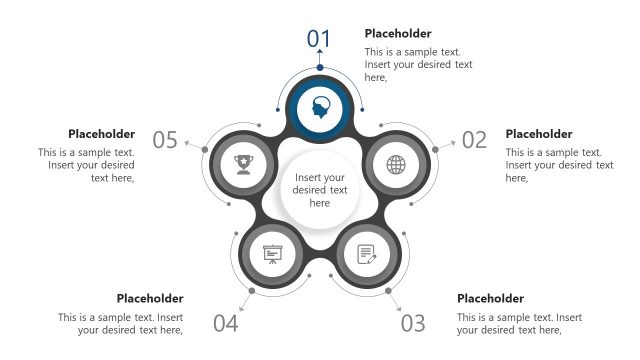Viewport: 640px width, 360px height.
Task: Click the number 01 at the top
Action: [318, 39]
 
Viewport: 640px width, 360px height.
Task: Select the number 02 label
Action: [474, 140]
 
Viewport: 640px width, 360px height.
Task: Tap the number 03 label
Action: [413, 323]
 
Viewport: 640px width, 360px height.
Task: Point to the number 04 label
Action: [226, 323]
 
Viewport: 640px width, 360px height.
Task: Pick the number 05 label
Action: [165, 140]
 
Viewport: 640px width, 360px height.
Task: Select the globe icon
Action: [396, 165]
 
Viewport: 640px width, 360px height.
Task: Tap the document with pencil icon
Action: [367, 254]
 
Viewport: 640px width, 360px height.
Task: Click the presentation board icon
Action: [272, 254]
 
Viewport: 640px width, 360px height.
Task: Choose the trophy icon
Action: [243, 164]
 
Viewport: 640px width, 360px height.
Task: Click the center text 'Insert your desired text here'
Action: [320, 190]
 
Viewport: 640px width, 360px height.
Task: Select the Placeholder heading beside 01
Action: [398, 33]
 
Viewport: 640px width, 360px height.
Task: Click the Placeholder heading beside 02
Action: [539, 134]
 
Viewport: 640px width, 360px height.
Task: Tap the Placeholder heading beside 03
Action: [490, 298]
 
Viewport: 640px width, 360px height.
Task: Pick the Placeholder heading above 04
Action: [150, 298]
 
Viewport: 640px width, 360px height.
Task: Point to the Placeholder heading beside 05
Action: [101, 134]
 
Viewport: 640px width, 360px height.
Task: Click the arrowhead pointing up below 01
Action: [320, 51]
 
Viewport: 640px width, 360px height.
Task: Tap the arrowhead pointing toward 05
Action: [186, 143]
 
